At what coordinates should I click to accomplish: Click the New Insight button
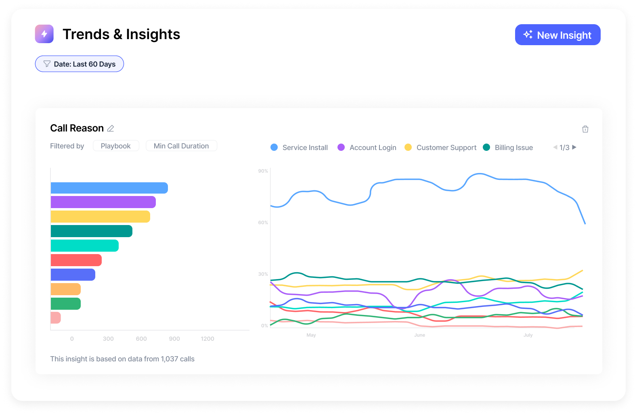click(x=557, y=35)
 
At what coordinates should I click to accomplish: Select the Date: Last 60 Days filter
click(x=80, y=64)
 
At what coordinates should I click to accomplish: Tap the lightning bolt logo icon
click(x=44, y=34)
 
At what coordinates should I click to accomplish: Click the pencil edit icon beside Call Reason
click(x=111, y=128)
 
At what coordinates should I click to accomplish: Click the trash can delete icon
click(x=585, y=129)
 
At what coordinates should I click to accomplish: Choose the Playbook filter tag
click(x=116, y=146)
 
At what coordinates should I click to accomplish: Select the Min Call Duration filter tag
click(x=181, y=146)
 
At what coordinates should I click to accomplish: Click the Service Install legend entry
click(x=299, y=148)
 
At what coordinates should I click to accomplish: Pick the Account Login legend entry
click(x=367, y=148)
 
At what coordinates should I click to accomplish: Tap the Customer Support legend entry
click(x=440, y=148)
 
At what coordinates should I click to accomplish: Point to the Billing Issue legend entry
click(x=508, y=148)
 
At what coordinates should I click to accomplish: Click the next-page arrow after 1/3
click(x=574, y=147)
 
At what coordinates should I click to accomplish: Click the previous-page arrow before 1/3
click(x=555, y=147)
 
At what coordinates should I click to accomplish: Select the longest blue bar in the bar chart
click(x=109, y=188)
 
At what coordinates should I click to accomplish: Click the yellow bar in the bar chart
click(x=100, y=217)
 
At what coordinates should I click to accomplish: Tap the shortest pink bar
click(x=56, y=318)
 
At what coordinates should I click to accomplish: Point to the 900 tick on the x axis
click(x=174, y=339)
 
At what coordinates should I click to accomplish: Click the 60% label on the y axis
click(x=263, y=223)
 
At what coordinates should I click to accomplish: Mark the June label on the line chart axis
click(x=419, y=335)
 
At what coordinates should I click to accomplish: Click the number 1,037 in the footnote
click(x=169, y=359)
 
